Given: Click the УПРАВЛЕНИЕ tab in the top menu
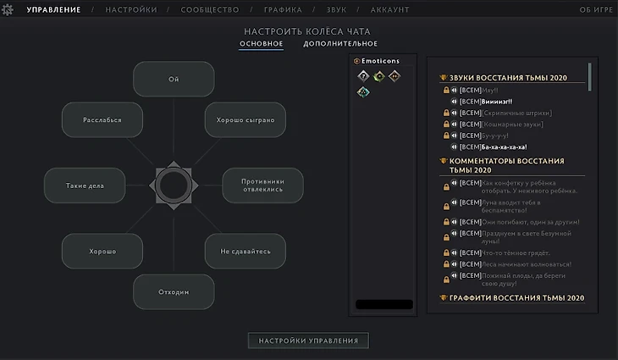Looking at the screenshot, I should (53, 10).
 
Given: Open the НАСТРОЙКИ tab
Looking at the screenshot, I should (131, 10).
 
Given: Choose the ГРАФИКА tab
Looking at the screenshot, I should (284, 10).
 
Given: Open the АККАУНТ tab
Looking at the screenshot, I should (390, 10).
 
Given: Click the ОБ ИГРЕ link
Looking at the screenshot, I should (595, 10).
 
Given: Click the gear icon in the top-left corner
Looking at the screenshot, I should (9, 10).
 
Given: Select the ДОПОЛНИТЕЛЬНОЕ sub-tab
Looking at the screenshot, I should (340, 44).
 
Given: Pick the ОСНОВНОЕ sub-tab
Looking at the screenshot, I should (261, 44).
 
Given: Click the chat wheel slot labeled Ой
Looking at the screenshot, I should (174, 80).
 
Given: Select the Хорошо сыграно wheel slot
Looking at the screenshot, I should (246, 120).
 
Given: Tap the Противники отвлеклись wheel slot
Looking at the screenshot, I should (262, 186).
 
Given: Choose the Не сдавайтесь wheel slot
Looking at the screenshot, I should (246, 252).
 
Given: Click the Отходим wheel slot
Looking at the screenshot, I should (174, 292).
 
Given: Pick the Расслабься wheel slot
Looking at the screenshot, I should (102, 120).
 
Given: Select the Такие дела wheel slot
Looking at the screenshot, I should (85, 186).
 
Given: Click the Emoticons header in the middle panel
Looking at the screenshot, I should (380, 61).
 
